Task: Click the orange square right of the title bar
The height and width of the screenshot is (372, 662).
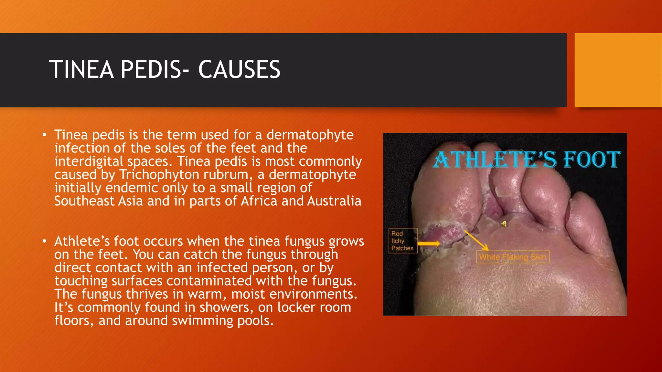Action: (x=618, y=70)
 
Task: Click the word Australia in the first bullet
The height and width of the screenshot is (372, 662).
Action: (x=334, y=201)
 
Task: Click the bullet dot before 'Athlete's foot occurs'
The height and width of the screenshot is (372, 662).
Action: (x=45, y=241)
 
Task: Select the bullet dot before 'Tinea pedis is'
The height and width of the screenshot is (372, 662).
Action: (x=45, y=134)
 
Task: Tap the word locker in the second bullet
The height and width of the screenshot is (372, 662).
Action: (x=296, y=307)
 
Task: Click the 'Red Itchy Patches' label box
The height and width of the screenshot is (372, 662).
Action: (x=403, y=241)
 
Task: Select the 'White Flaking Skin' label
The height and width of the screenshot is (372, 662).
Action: (x=513, y=257)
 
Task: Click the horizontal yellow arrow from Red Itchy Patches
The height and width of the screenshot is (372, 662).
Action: (x=429, y=243)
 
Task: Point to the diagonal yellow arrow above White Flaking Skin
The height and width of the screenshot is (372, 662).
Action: (x=476, y=240)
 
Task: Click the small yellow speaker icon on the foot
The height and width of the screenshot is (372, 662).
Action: (x=504, y=223)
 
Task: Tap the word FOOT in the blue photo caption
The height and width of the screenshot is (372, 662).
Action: (x=592, y=159)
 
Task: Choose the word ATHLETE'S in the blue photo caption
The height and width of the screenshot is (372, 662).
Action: (x=495, y=160)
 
